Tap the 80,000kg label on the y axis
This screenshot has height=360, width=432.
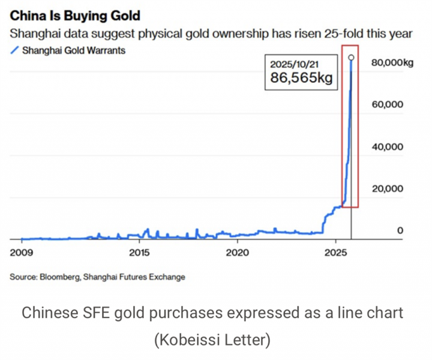(393, 62)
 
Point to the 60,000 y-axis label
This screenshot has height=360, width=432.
(387, 104)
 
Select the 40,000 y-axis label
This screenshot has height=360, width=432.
(387, 146)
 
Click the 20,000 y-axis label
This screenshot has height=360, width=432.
(387, 188)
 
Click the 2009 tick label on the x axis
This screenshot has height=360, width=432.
(22, 252)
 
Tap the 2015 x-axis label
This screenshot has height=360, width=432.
(139, 252)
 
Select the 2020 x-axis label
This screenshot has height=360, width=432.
(238, 252)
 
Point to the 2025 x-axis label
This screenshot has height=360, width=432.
(336, 252)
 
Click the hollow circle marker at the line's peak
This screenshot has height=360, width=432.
(351, 58)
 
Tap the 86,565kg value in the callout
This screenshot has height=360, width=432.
(301, 78)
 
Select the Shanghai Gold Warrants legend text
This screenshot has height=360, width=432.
(74, 50)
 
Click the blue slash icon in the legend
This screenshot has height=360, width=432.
(15, 50)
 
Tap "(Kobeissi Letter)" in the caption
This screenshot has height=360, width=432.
(212, 340)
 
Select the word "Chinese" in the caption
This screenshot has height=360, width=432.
(47, 313)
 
